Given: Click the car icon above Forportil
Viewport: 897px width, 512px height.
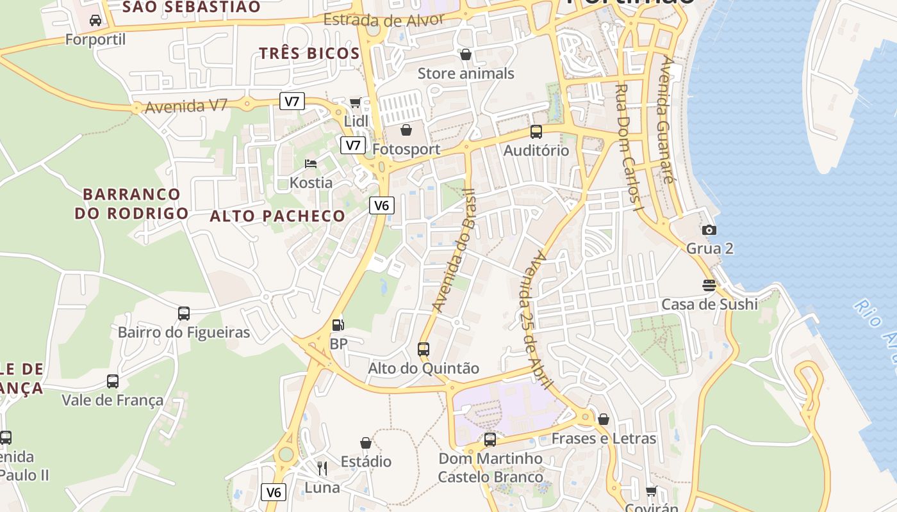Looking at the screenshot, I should pyautogui.click(x=95, y=20).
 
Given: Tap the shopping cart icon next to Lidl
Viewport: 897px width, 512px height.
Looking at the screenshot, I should pyautogui.click(x=356, y=103).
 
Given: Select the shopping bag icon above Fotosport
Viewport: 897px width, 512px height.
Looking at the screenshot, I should pyautogui.click(x=406, y=131).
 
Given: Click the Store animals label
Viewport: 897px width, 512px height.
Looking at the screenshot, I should pyautogui.click(x=466, y=74).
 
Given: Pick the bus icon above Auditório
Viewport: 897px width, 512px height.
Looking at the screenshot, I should pyautogui.click(x=536, y=132).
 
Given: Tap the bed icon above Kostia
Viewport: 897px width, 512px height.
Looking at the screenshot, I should pyautogui.click(x=311, y=164).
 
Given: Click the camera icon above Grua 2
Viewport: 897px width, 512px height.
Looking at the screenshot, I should pyautogui.click(x=709, y=230).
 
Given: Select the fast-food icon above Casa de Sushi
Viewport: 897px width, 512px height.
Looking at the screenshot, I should pyautogui.click(x=709, y=285).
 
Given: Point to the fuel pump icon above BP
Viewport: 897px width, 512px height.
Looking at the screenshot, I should pyautogui.click(x=338, y=325).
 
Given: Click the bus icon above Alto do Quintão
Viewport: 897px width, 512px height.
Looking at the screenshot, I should pyautogui.click(x=424, y=349).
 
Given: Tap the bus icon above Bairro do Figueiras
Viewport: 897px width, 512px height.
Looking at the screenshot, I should pyautogui.click(x=184, y=314).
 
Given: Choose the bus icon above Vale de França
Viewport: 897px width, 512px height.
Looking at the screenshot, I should pyautogui.click(x=113, y=381).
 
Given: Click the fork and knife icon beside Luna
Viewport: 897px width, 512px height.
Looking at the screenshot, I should pyautogui.click(x=322, y=468).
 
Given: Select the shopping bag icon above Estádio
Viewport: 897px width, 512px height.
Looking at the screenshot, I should pyautogui.click(x=366, y=443).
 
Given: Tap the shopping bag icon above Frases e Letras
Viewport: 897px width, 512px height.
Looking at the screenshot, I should pyautogui.click(x=604, y=420).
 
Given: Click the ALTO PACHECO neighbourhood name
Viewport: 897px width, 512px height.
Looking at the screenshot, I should pyautogui.click(x=277, y=216).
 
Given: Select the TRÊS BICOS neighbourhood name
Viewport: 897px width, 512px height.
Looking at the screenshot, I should pyautogui.click(x=309, y=53).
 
